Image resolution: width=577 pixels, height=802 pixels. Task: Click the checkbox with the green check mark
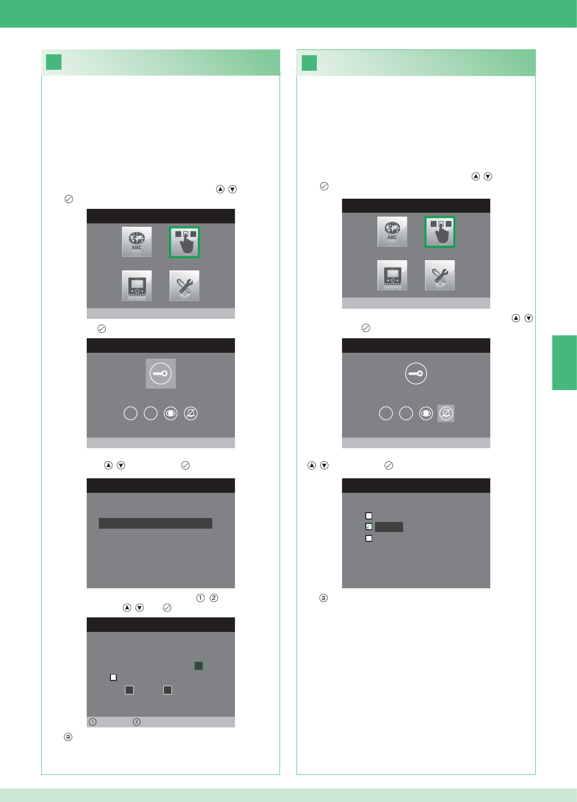click(x=369, y=527)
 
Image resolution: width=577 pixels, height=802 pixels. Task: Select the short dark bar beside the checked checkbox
click(x=389, y=527)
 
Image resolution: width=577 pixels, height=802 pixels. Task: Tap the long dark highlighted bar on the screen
click(x=156, y=523)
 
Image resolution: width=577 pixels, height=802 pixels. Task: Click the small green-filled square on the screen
click(x=199, y=666)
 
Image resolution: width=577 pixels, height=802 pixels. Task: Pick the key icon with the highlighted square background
click(x=161, y=374)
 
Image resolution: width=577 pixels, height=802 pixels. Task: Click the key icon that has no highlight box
click(x=416, y=374)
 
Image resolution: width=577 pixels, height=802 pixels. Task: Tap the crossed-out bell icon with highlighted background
click(x=446, y=413)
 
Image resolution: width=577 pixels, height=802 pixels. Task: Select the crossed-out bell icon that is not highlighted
click(x=191, y=413)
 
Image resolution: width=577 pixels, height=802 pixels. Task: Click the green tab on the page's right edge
click(x=564, y=362)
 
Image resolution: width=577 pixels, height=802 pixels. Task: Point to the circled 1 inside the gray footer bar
click(x=93, y=722)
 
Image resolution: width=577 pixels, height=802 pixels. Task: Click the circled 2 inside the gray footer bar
click(x=137, y=722)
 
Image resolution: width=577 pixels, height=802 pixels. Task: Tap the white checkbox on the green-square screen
click(x=113, y=677)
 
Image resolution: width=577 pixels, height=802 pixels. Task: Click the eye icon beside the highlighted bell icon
click(x=426, y=413)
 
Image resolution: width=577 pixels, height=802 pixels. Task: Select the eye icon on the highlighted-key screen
click(x=171, y=413)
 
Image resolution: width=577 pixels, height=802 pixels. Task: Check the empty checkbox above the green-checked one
click(x=369, y=516)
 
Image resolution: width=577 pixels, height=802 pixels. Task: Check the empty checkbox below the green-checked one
click(x=369, y=538)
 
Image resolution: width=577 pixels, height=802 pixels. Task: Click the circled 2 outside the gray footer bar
click(x=214, y=598)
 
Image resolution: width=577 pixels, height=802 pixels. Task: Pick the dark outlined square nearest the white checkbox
click(x=129, y=690)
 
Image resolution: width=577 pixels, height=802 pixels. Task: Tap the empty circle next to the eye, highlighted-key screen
click(x=151, y=413)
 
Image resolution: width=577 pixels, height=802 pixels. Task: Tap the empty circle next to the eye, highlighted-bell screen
click(x=406, y=413)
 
